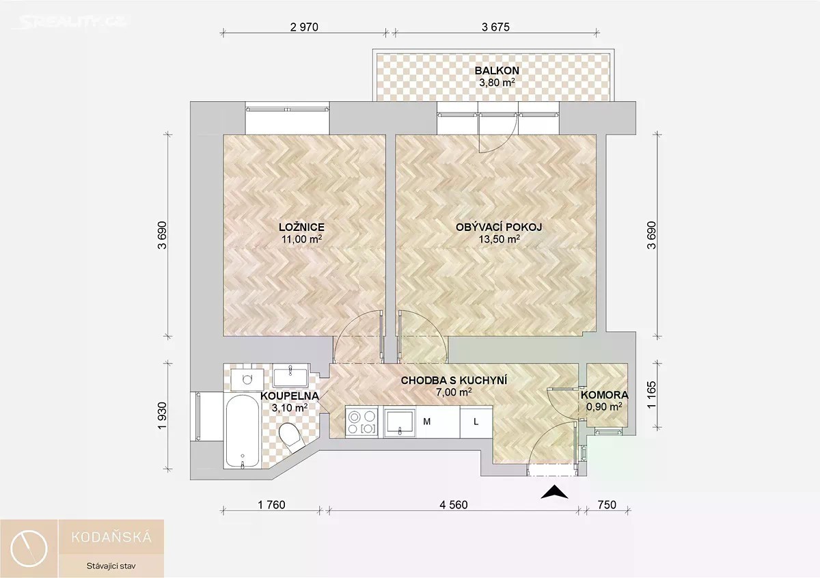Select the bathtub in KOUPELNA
tap(243, 431)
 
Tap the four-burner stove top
tap(361, 422)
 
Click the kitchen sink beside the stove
tap(400, 422)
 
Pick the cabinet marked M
tap(438, 422)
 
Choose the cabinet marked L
tap(476, 422)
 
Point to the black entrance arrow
tap(555, 492)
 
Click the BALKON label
tap(497, 70)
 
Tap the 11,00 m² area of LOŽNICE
tap(301, 239)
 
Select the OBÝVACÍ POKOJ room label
tap(499, 227)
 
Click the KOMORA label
tap(604, 395)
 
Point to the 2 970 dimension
tap(304, 27)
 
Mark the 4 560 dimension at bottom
tap(454, 505)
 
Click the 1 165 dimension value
tap(652, 396)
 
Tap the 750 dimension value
tap(607, 505)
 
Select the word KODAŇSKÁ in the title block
tap(111, 538)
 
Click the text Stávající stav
tap(111, 566)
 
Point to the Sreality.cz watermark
tap(69, 23)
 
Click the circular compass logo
tap(29, 549)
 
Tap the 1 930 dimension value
tap(162, 416)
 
